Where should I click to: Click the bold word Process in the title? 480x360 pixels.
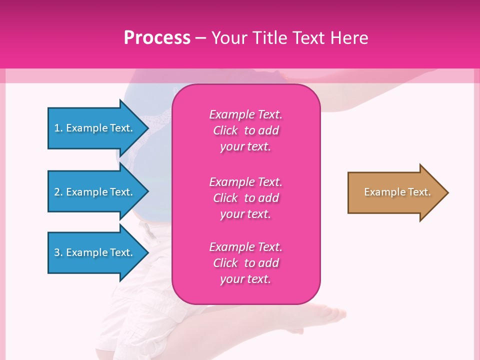click(157, 37)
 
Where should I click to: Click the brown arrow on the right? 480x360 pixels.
click(395, 192)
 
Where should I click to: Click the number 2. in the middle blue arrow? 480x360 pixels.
click(58, 192)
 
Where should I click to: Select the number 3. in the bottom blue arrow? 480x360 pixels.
click(58, 252)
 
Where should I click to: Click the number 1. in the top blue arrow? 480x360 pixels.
click(58, 128)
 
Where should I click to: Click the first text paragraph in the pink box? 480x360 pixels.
click(245, 130)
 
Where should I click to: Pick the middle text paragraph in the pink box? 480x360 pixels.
click(245, 198)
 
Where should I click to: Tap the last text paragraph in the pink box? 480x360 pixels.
click(245, 263)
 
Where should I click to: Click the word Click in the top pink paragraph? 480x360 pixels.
click(225, 130)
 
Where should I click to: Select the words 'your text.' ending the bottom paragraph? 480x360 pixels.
click(245, 279)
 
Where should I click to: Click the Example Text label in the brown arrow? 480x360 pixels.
click(397, 192)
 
